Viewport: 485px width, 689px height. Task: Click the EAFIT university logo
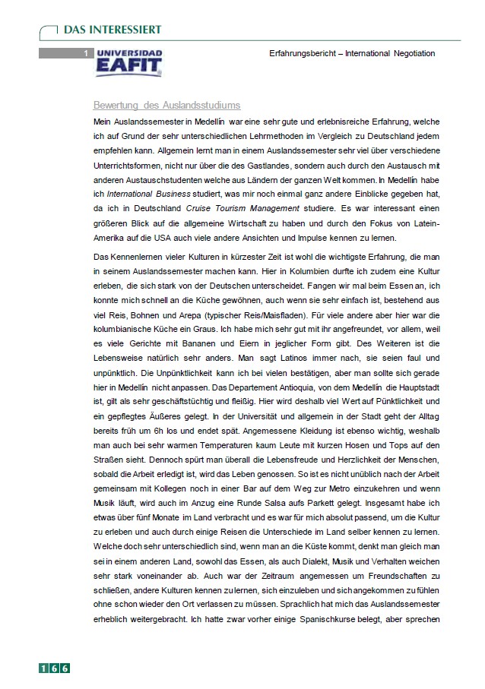point(129,62)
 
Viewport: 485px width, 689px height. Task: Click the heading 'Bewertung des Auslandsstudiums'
point(166,105)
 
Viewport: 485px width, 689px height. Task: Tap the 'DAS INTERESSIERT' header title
point(112,30)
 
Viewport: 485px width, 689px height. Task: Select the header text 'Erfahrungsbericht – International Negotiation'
point(352,53)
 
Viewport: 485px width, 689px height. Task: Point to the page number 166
point(55,668)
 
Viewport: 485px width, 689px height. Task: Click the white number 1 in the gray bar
point(86,53)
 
